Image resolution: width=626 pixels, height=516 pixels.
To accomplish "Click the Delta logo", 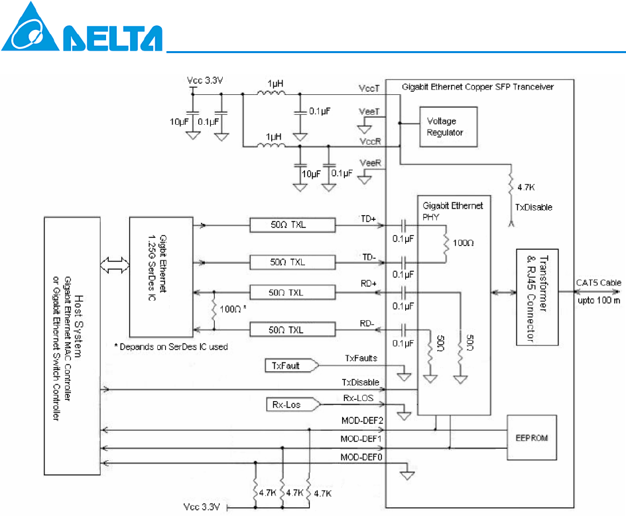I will coord(81,30).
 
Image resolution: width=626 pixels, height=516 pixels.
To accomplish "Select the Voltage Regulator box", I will coord(444,127).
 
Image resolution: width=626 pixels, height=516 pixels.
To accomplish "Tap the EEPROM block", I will coord(530,439).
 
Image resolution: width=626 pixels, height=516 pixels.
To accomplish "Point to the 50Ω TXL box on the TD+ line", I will coord(292,225).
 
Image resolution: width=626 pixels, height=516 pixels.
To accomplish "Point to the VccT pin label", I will coord(369,88).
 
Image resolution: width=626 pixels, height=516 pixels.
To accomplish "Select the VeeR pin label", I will coord(369,162).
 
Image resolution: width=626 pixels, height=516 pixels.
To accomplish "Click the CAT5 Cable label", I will coord(598,283).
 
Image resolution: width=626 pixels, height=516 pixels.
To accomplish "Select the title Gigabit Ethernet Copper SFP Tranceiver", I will coord(477,87).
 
